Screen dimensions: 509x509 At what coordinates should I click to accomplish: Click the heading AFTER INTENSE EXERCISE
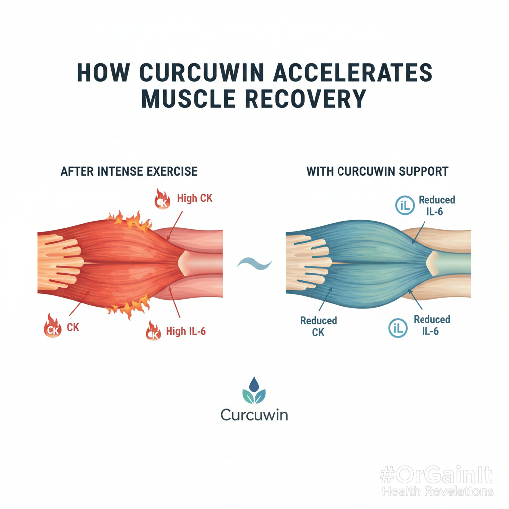coord(129,172)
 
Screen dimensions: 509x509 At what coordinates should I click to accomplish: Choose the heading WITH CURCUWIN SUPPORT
coord(377,172)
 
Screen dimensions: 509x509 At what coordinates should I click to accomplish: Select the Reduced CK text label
coord(318,326)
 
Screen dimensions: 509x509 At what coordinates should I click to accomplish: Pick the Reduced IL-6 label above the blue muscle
coord(436,205)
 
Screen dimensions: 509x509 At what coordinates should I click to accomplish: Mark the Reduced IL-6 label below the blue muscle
coord(431,325)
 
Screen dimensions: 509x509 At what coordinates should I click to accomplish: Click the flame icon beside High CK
coord(162,199)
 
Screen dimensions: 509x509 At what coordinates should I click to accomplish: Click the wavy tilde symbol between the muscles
coord(254,262)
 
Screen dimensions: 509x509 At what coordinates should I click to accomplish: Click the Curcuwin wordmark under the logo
coord(254,415)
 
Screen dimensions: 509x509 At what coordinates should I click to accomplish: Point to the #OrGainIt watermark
coord(435,476)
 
